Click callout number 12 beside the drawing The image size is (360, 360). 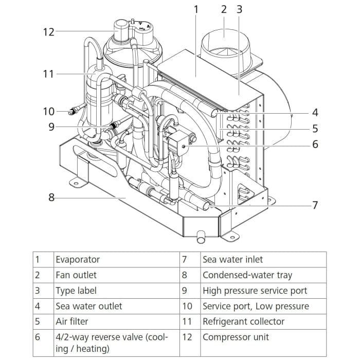(x=48, y=32)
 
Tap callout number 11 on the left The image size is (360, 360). (x=48, y=74)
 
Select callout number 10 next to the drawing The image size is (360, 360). (x=48, y=111)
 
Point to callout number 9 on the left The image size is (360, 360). (x=51, y=127)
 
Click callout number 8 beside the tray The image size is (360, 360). (x=51, y=197)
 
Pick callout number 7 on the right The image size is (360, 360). (x=315, y=205)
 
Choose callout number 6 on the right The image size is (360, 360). (x=315, y=145)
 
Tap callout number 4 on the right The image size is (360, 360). (x=315, y=112)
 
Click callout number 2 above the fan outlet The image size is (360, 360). (x=224, y=9)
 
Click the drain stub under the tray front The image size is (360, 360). (x=201, y=236)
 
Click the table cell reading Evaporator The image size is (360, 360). (x=78, y=260)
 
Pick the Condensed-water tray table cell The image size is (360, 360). (x=247, y=275)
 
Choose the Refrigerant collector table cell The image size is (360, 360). (x=243, y=321)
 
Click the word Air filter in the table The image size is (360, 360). (x=71, y=321)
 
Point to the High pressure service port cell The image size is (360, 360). (x=255, y=291)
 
